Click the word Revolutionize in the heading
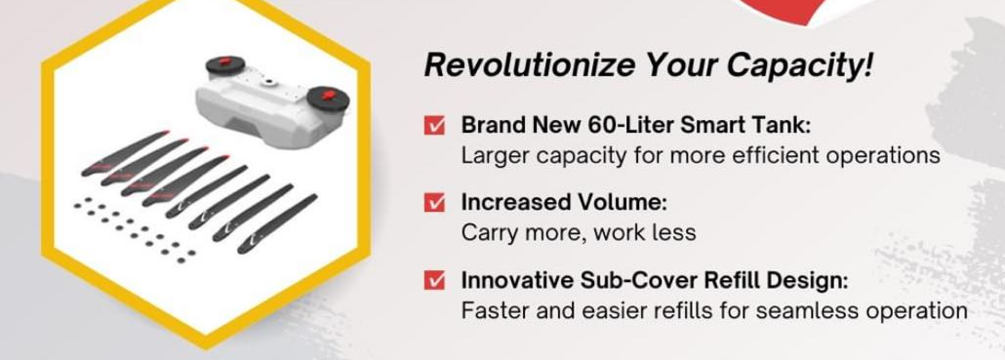pyautogui.click(x=530, y=65)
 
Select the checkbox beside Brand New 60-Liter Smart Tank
pyautogui.click(x=434, y=126)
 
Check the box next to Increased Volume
pyautogui.click(x=434, y=203)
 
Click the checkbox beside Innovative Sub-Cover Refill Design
pyautogui.click(x=434, y=281)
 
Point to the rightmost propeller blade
pyautogui.click(x=277, y=223)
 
